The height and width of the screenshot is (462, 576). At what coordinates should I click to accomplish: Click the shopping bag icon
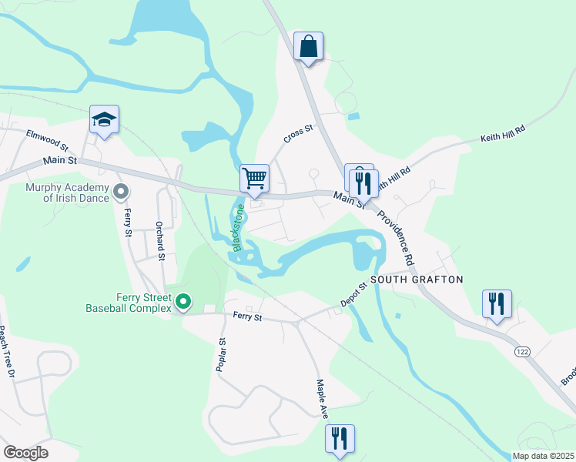click(x=308, y=46)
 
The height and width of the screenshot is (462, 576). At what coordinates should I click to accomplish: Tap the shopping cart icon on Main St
click(x=254, y=179)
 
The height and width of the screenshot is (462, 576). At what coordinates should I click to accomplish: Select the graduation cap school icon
click(x=104, y=119)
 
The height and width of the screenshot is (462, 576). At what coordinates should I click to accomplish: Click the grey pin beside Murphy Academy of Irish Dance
click(x=120, y=190)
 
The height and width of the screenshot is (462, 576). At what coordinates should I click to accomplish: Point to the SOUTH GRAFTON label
click(x=417, y=280)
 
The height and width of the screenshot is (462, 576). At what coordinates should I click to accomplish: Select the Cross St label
click(x=298, y=134)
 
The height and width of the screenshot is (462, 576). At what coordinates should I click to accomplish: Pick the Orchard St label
click(x=160, y=242)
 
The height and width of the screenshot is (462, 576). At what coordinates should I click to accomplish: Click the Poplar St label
click(x=221, y=355)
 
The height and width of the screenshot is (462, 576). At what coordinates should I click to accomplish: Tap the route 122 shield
click(x=523, y=351)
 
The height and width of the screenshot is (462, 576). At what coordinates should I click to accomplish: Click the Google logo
click(x=25, y=453)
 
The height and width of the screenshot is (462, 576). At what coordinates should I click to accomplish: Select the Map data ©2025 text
click(x=542, y=456)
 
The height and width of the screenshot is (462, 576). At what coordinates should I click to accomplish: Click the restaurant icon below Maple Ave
click(x=340, y=439)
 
